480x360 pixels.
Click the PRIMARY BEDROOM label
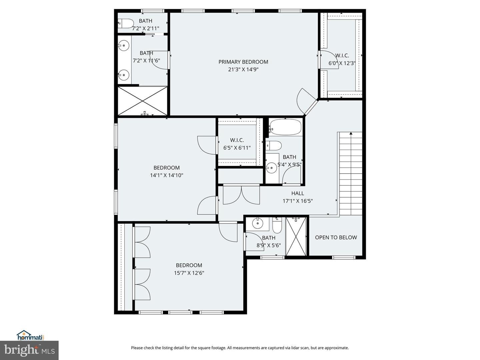[x=243, y=62]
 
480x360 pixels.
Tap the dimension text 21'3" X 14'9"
[x=243, y=69]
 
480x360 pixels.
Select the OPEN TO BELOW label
[x=336, y=237]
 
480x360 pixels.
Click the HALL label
[x=297, y=193]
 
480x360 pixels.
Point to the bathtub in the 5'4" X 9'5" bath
[x=285, y=127]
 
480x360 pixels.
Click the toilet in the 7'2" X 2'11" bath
[x=126, y=24]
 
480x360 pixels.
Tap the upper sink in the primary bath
[x=124, y=45]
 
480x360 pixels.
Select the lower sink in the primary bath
[x=124, y=75]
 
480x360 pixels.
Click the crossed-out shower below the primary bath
[x=143, y=101]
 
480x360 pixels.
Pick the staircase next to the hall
[x=350, y=173]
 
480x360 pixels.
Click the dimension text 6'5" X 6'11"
[x=237, y=148]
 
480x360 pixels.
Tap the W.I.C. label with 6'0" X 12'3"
[x=342, y=56]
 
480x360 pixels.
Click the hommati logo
[x=30, y=335]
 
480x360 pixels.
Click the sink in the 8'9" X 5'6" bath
[x=257, y=223]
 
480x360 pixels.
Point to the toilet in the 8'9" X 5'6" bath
[x=277, y=226]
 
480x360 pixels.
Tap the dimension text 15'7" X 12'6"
[x=189, y=273]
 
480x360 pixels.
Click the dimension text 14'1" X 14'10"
[x=166, y=175]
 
